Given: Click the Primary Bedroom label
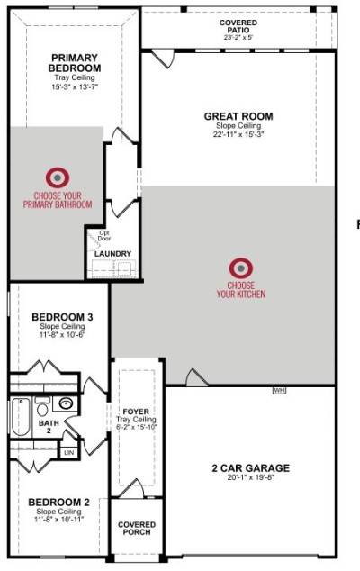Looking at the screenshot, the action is coord(75,63).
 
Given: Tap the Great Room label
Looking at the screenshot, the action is coord(238,116).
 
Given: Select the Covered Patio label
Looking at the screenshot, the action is coord(238,26).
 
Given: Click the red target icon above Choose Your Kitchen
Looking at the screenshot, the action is coord(241,268).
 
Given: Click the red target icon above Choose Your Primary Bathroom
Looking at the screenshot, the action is coord(58,177).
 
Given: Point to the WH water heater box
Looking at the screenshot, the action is coord(279,390).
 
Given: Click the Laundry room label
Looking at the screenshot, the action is coord(112,254).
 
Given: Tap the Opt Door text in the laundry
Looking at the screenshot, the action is coord(104,236).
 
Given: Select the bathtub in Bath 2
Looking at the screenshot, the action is coord(21,417).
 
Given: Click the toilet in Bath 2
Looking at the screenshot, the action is coord(42,407).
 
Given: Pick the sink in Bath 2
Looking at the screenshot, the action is coord(66,403).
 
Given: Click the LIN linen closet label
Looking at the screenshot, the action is coord(68,452).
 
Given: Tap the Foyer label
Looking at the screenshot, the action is coord(136,412).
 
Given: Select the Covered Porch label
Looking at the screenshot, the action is coord(137,529).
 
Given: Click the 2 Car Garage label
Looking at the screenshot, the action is coord(251,468).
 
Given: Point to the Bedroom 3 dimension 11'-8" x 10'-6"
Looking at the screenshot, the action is coord(62,334).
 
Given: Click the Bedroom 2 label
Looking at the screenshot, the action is coord(59,503).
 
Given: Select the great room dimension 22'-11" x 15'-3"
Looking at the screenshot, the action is coord(238,134).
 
